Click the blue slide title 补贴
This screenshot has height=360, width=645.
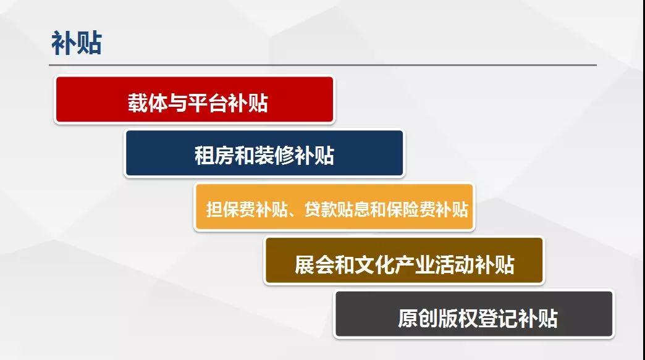pos(77,43)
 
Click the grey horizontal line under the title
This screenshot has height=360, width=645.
pos(322,65)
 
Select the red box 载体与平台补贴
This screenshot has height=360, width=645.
pos(195,99)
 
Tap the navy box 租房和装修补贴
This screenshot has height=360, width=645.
pos(264,153)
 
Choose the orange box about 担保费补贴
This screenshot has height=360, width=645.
pos(334,207)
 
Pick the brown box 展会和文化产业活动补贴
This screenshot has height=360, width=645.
pos(404,261)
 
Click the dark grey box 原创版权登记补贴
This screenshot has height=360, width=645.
pos(474,314)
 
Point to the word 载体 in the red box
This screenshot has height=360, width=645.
pos(147,103)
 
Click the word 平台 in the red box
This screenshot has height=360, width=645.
pos(208,103)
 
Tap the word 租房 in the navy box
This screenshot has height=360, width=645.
pos(214,156)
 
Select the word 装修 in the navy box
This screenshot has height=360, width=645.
pos(274,156)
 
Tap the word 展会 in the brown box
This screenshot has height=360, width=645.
pos(314,264)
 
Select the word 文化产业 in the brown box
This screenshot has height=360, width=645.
pos(395,264)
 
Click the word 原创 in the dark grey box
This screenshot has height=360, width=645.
pos(418,318)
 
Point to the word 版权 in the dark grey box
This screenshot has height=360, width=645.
pos(458,318)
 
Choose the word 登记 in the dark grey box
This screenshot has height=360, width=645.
pos(498,318)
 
